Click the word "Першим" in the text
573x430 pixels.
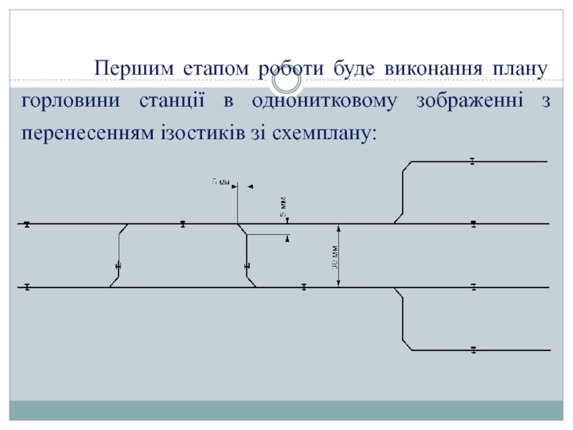pyautogui.click(x=130, y=70)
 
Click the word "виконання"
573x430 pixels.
pyautogui.click(x=435, y=70)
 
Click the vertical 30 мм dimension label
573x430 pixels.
pyautogui.click(x=335, y=257)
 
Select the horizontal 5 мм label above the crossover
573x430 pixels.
pyautogui.click(x=221, y=182)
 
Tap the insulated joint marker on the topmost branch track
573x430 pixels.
pyautogui.click(x=473, y=161)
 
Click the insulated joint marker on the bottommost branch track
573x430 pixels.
pyautogui.click(x=473, y=350)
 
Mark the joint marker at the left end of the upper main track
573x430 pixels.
pyautogui.click(x=27, y=224)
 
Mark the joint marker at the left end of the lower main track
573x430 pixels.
pyautogui.click(x=27, y=287)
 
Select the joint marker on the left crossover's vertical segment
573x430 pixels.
pyautogui.click(x=118, y=266)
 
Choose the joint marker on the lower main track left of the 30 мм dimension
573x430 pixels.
pyautogui.click(x=304, y=287)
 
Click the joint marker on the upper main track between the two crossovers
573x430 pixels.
pyautogui.click(x=183, y=224)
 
